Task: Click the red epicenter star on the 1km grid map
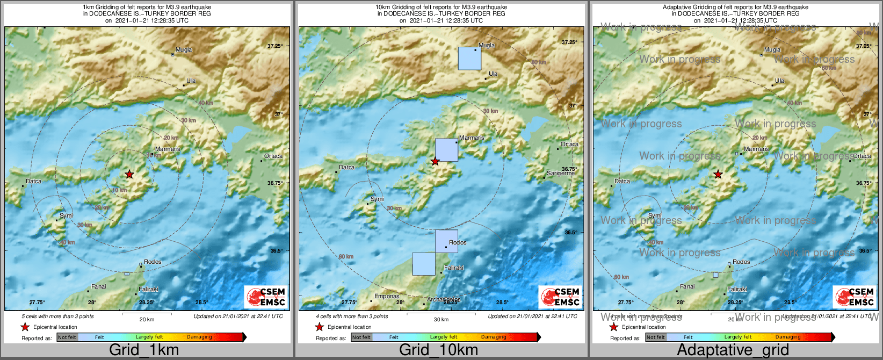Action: pyautogui.click(x=129, y=174)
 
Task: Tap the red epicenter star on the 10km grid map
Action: pyautogui.click(x=435, y=161)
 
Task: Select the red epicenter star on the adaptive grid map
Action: pyautogui.click(x=718, y=174)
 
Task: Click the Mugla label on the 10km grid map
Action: pyautogui.click(x=487, y=46)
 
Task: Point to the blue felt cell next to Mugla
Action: pyautogui.click(x=469, y=58)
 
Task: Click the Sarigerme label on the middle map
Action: pyautogui.click(x=560, y=174)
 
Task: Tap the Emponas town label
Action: pyautogui.click(x=387, y=296)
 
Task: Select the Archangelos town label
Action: pyautogui.click(x=444, y=299)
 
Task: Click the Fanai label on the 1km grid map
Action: pyautogui.click(x=99, y=287)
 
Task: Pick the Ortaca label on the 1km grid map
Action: pyautogui.click(x=273, y=156)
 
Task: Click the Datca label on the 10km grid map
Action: pyautogui.click(x=346, y=168)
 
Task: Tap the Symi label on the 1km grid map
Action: pyautogui.click(x=66, y=216)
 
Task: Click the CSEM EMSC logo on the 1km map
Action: pyautogui.click(x=266, y=297)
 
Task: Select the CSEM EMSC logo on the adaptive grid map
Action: pyautogui.click(x=855, y=297)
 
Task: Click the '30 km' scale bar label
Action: pyautogui.click(x=441, y=320)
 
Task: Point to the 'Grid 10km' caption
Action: pyautogui.click(x=438, y=350)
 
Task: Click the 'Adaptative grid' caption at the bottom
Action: pyautogui.click(x=733, y=350)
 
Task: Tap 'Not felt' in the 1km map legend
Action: pyautogui.click(x=67, y=337)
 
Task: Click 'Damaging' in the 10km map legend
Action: pyautogui.click(x=494, y=337)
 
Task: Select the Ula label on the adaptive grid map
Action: pyautogui.click(x=779, y=81)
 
